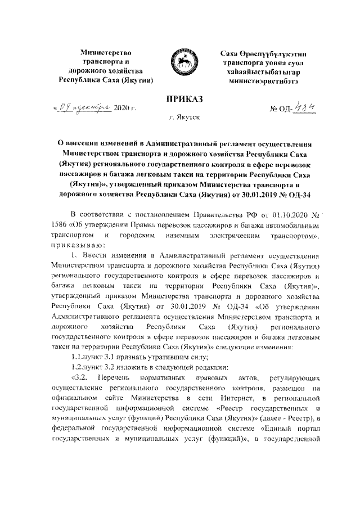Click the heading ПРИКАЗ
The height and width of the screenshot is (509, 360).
point(180,100)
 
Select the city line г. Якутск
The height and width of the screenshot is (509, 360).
point(180,119)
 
